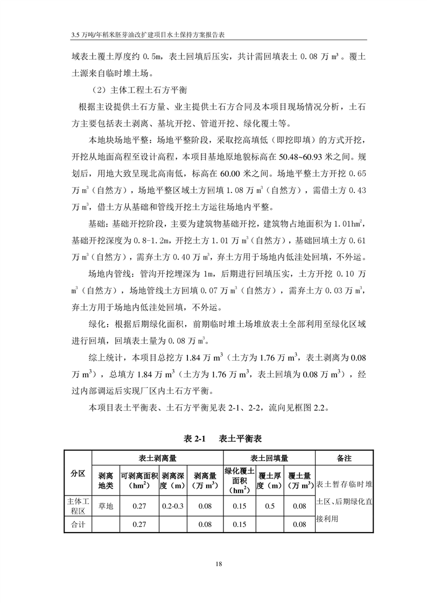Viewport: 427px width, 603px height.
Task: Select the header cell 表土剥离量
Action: pyautogui.click(x=158, y=458)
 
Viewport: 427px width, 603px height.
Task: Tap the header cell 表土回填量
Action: pyautogui.click(x=269, y=458)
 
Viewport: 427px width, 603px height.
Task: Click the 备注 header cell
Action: pyautogui.click(x=344, y=458)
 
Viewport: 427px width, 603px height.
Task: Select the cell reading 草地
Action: pyautogui.click(x=106, y=506)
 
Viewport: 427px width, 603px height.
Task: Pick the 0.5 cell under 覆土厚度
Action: pyautogui.click(x=269, y=506)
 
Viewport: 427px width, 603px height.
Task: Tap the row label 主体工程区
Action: pyautogui.click(x=78, y=506)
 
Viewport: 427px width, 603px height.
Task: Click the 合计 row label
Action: pyautogui.click(x=78, y=523)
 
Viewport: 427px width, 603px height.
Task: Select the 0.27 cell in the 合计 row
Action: pyautogui.click(x=139, y=523)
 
